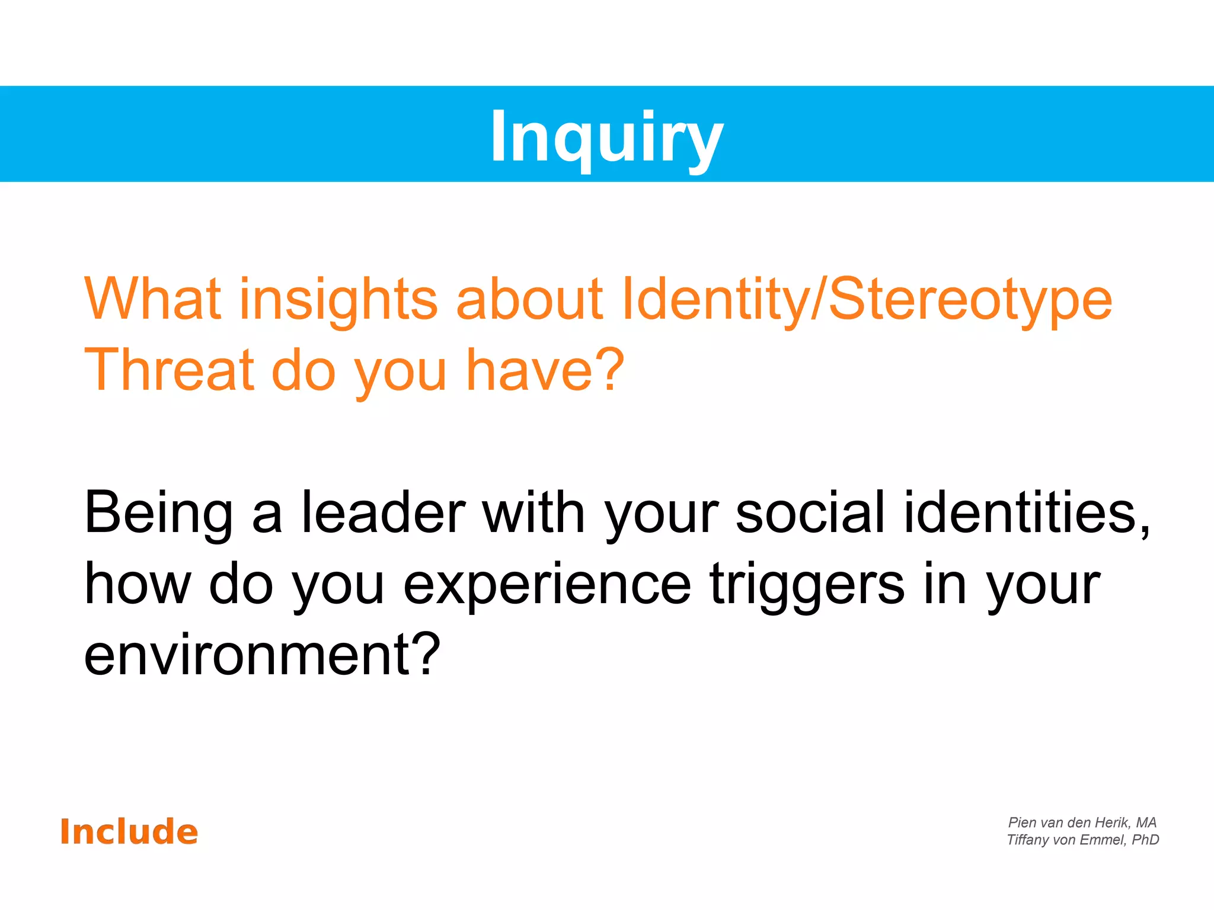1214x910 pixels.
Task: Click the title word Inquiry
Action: point(606,137)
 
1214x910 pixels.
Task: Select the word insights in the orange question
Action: point(338,300)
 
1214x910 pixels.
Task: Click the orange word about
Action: point(529,299)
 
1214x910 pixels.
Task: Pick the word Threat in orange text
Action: point(169,370)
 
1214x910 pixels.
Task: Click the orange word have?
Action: point(545,370)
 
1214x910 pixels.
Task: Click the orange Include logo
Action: point(129,832)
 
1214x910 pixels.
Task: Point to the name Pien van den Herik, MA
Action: point(1082,822)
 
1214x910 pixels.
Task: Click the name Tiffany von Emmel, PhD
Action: point(1082,839)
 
